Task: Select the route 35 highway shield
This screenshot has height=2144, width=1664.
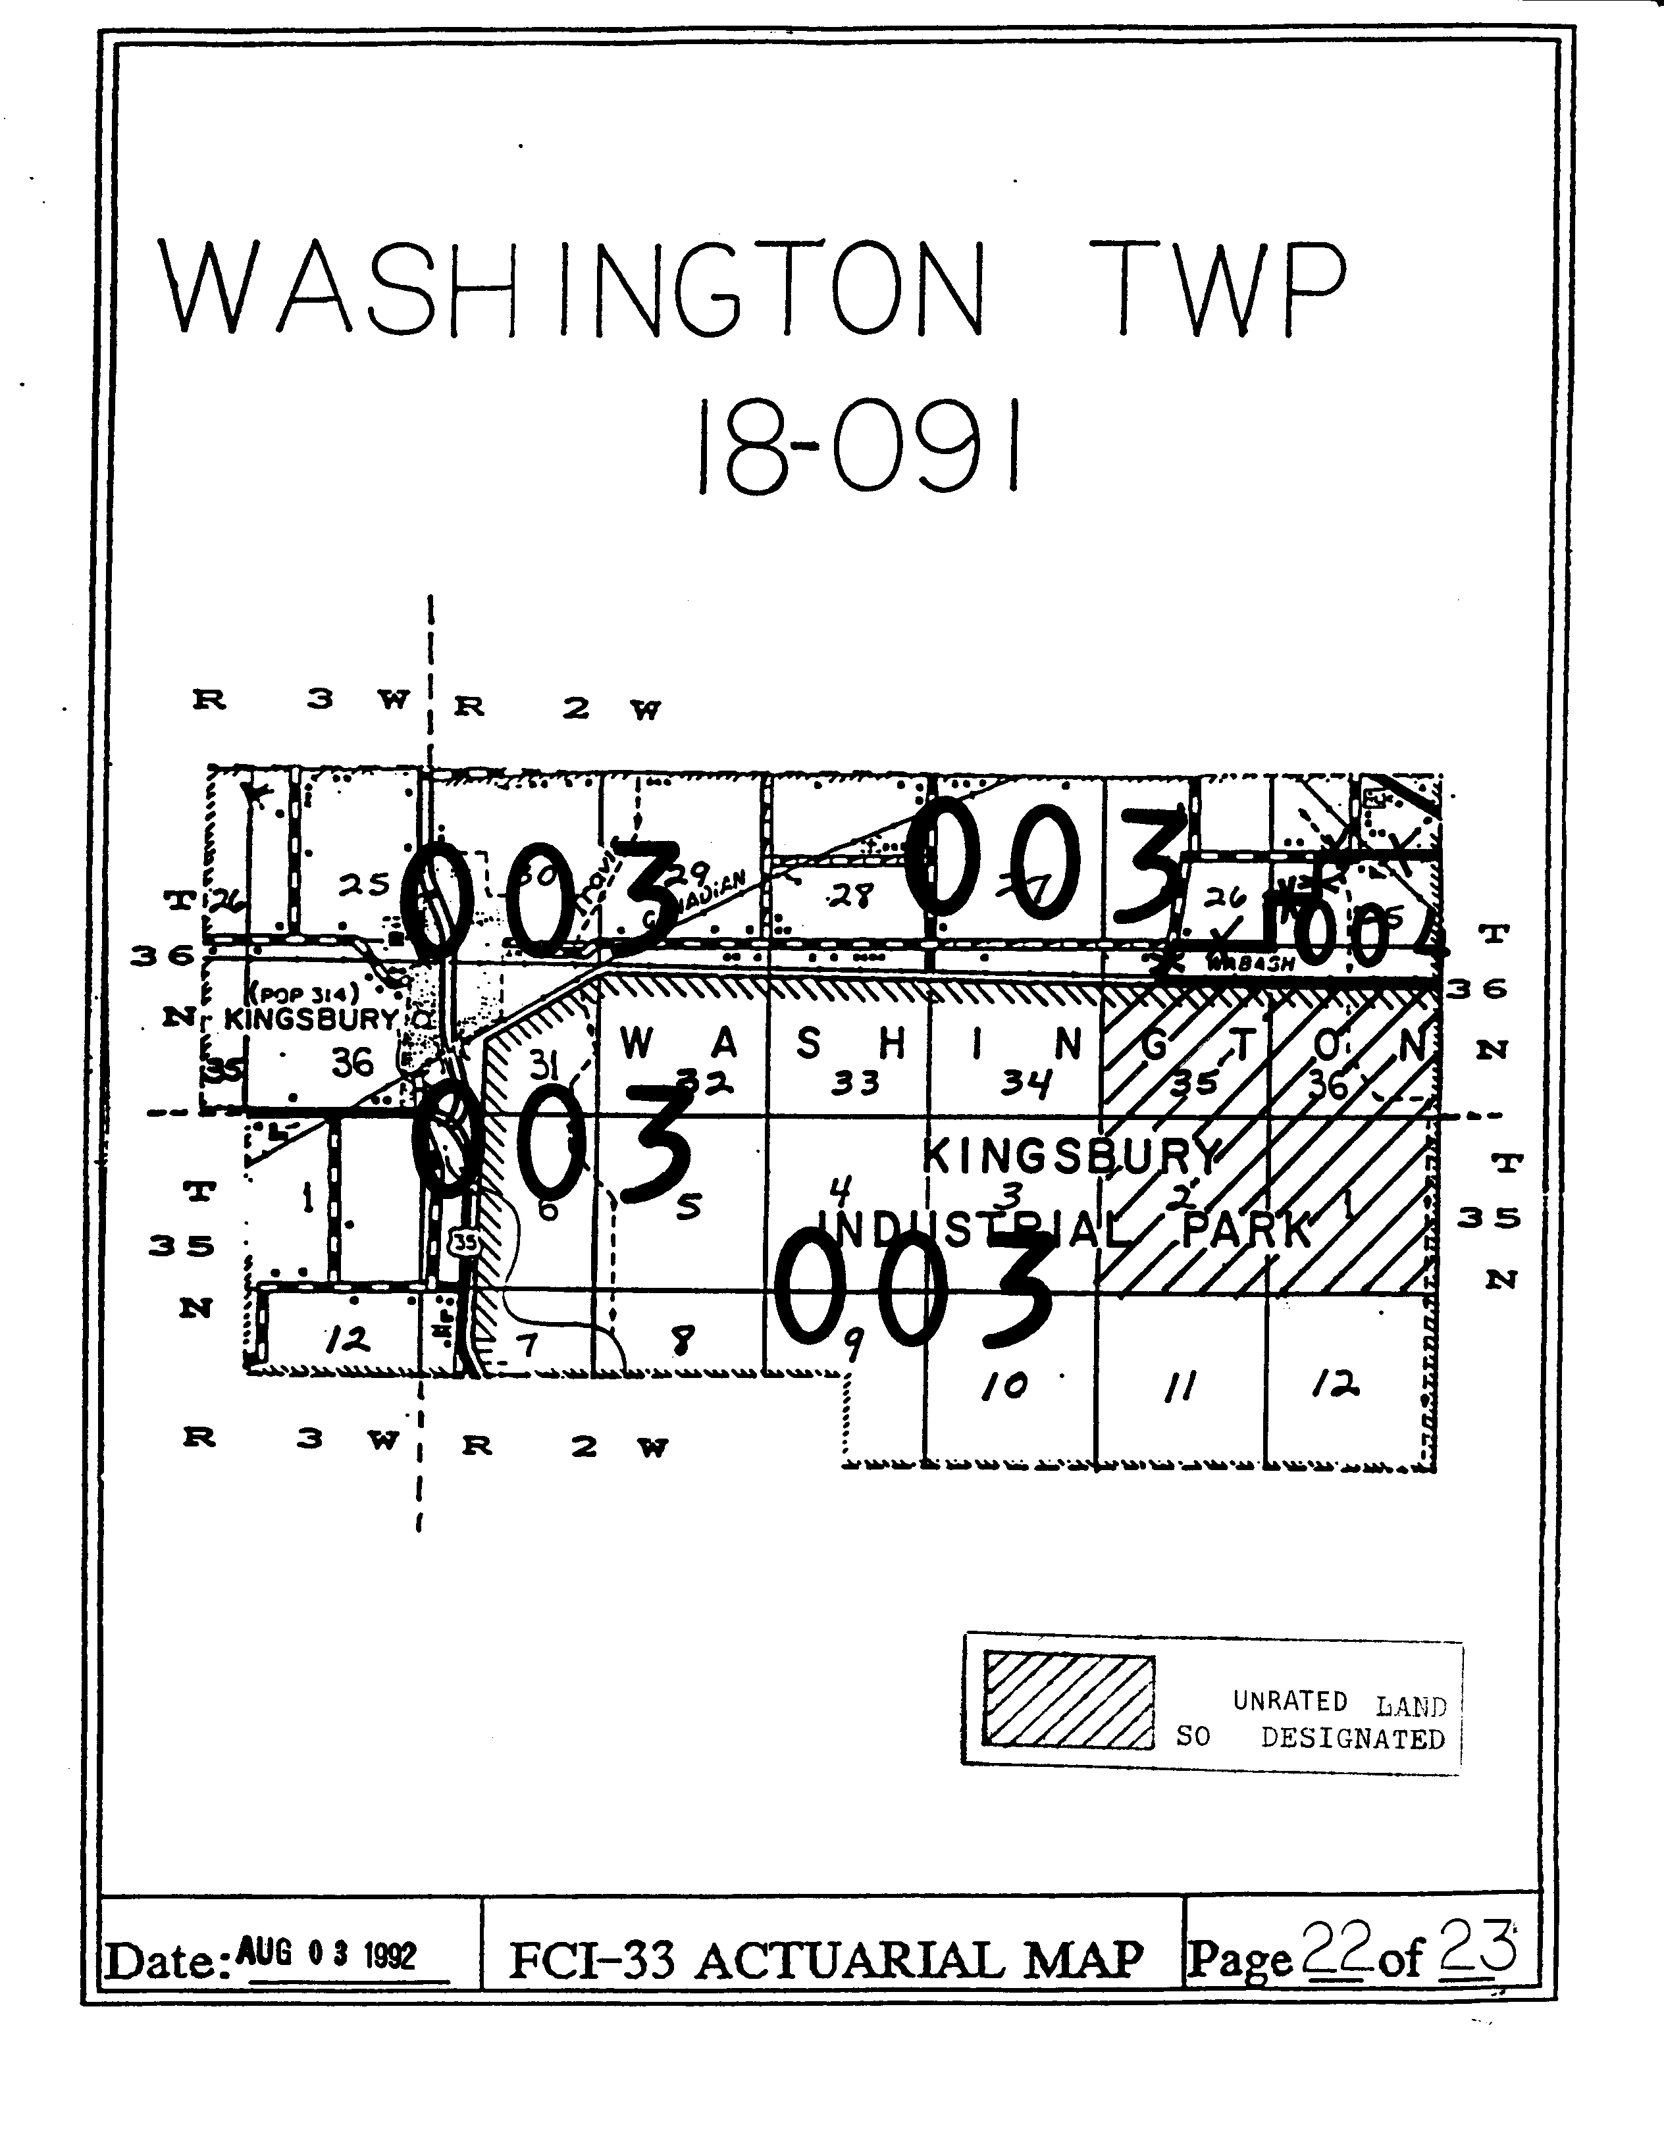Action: point(465,1242)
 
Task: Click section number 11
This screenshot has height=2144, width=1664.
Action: point(1178,1386)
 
